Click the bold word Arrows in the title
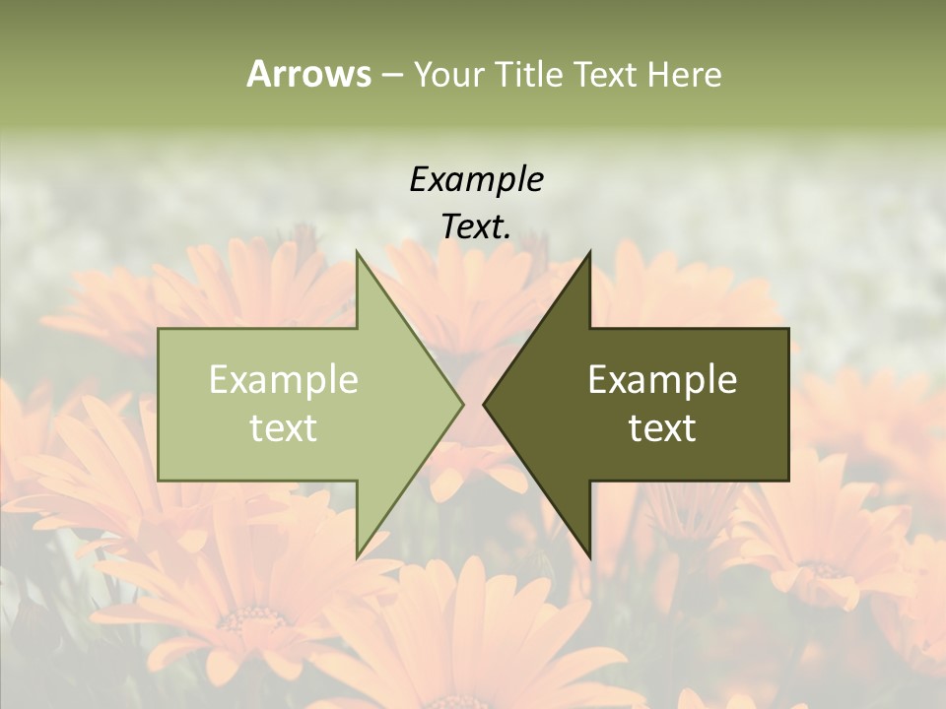pyautogui.click(x=308, y=74)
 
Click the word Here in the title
pyautogui.click(x=684, y=75)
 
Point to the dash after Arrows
pyautogui.click(x=391, y=76)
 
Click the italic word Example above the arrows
pyautogui.click(x=476, y=179)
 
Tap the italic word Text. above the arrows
pyautogui.click(x=476, y=226)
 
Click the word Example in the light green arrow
pyautogui.click(x=283, y=379)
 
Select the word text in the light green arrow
pyautogui.click(x=283, y=427)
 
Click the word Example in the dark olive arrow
pyautogui.click(x=662, y=379)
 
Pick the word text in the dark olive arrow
pyautogui.click(x=662, y=427)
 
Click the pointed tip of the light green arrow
pyautogui.click(x=462, y=404)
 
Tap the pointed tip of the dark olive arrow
pyautogui.click(x=484, y=404)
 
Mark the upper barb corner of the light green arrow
pyautogui.click(x=357, y=251)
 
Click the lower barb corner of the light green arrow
pyautogui.click(x=357, y=557)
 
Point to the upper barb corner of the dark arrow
pyautogui.click(x=589, y=251)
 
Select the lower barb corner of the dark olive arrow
pyautogui.click(x=589, y=557)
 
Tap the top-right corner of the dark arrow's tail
pyautogui.click(x=788, y=329)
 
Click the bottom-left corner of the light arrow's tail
pyautogui.click(x=159, y=481)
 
